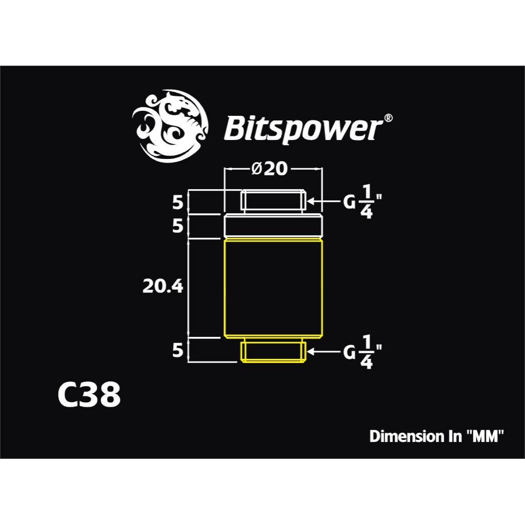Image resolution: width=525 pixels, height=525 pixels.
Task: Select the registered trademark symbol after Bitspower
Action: (x=389, y=118)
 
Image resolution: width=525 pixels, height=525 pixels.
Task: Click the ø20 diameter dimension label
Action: (x=270, y=169)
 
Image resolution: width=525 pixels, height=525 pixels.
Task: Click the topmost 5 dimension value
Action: (x=177, y=203)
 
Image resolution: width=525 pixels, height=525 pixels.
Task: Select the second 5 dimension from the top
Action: (x=177, y=226)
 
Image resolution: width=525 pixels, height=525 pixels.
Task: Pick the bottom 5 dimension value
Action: (x=177, y=351)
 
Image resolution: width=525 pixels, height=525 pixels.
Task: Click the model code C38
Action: (x=89, y=395)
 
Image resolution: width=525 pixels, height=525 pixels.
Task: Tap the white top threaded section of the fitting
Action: (x=273, y=201)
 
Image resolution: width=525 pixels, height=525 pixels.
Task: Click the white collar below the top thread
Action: (x=273, y=226)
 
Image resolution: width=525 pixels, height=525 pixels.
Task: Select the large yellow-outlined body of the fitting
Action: (x=273, y=288)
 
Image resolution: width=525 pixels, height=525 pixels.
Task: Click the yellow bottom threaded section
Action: (x=273, y=351)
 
